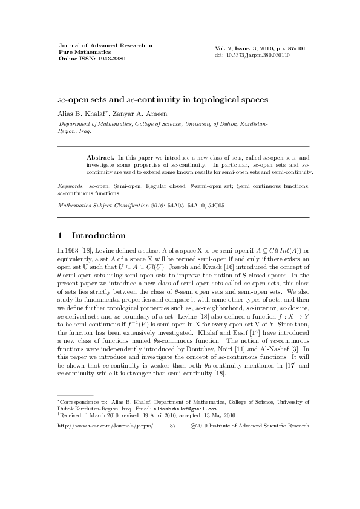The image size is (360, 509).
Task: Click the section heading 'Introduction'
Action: pos(99,235)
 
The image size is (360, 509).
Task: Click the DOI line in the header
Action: pos(252,55)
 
